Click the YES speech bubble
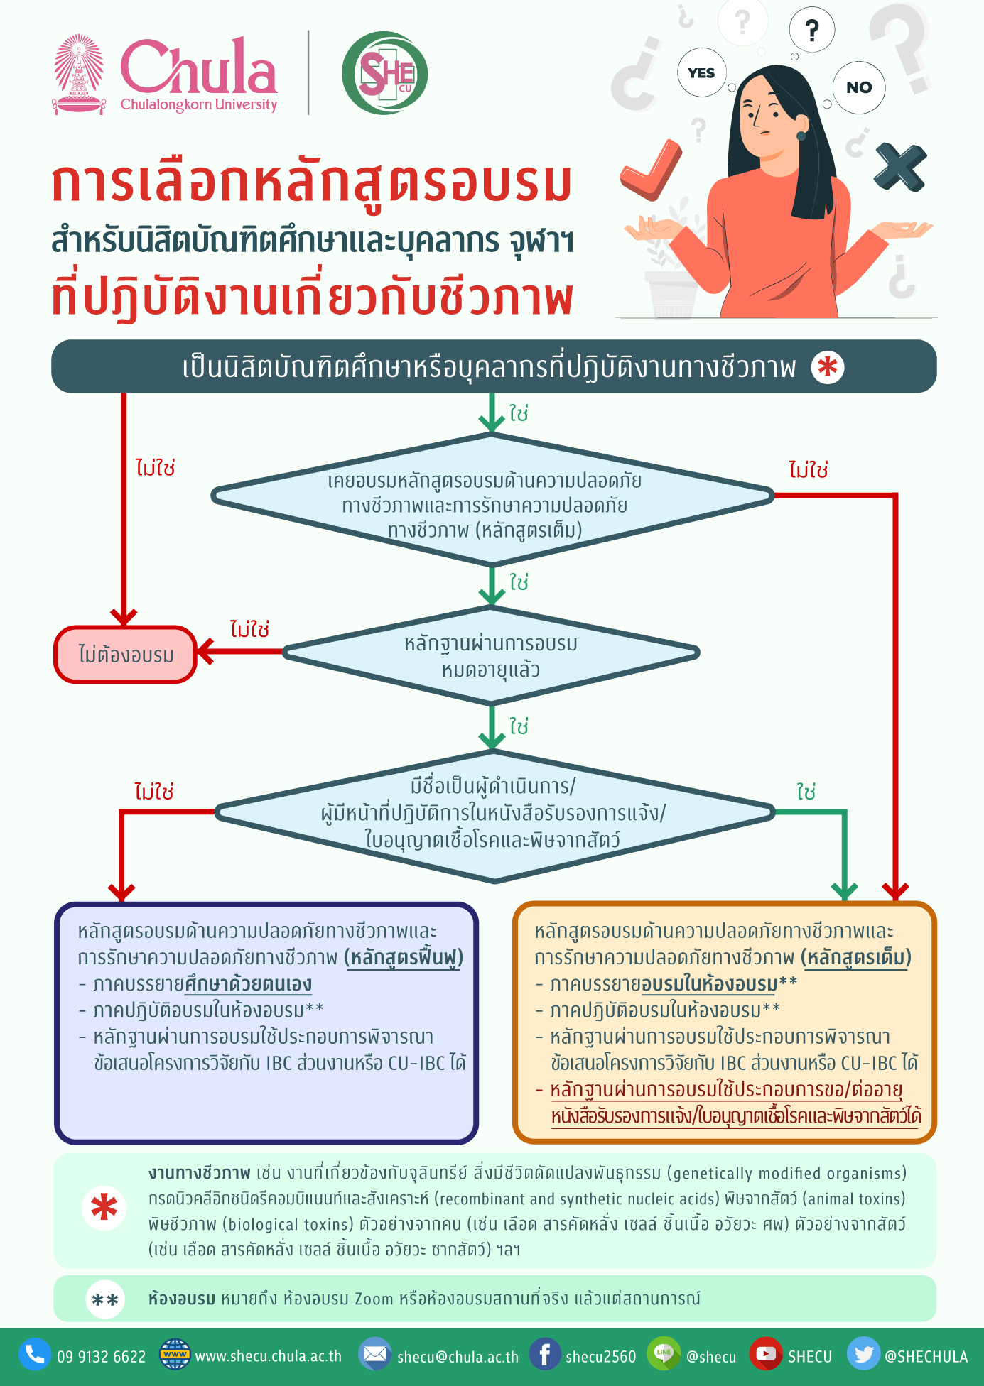(x=701, y=72)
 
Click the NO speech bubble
(x=858, y=87)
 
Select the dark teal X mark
(x=900, y=168)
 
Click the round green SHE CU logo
(x=384, y=73)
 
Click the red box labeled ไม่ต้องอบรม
(x=125, y=655)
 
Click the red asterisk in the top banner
(x=828, y=367)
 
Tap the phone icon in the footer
(x=34, y=1355)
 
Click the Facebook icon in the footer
(x=545, y=1355)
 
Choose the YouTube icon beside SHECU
(x=765, y=1355)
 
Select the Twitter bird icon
(x=863, y=1355)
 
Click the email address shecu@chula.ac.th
(x=458, y=1357)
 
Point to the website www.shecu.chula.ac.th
(x=268, y=1356)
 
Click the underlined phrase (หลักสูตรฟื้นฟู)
(x=404, y=958)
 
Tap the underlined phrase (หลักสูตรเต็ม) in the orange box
(x=856, y=958)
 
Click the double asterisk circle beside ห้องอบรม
(x=105, y=1299)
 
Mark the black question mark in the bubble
(x=811, y=30)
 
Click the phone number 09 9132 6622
(x=101, y=1357)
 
